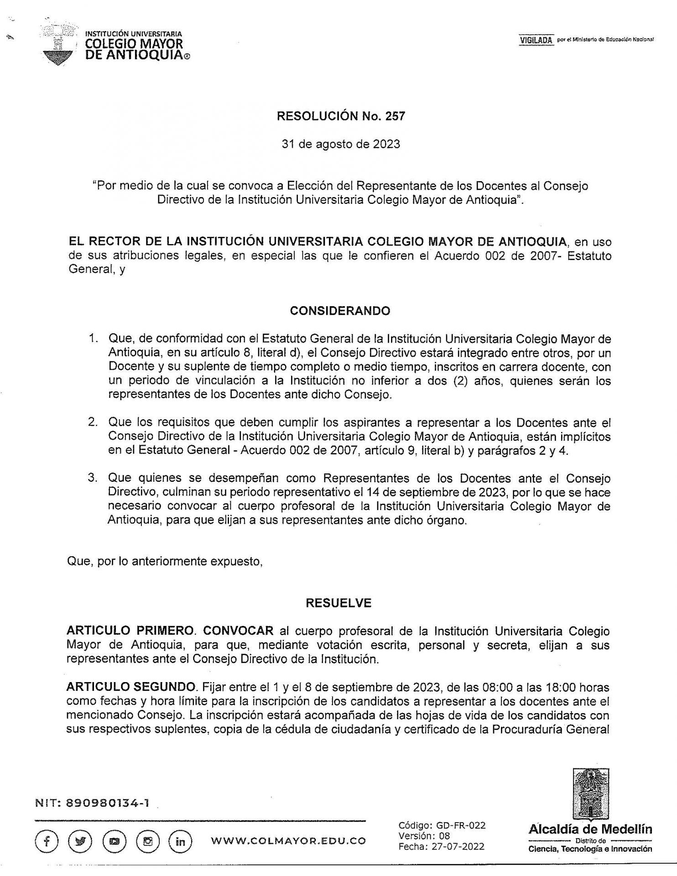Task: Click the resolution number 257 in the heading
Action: click(395, 116)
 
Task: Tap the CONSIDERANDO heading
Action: click(340, 311)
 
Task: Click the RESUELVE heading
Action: click(338, 603)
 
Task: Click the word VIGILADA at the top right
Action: click(536, 40)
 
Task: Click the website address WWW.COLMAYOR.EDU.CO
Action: click(288, 841)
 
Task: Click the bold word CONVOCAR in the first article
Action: click(238, 631)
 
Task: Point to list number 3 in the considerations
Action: click(94, 478)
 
